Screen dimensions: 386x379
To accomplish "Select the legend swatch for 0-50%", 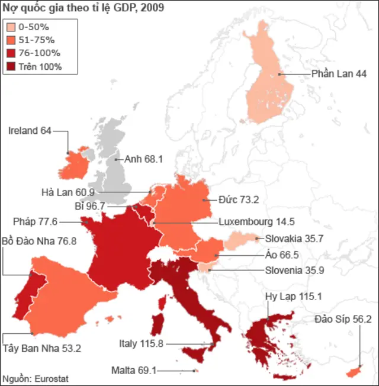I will pos(11,27).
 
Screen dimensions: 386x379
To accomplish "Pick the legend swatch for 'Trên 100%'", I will pos(11,66).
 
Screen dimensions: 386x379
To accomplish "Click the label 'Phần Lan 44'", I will pos(339,74).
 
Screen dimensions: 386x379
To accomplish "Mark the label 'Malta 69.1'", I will pos(134,371).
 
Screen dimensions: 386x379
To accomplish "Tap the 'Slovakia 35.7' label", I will pos(290,239).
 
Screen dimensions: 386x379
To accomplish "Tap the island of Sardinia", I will pos(158,325).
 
